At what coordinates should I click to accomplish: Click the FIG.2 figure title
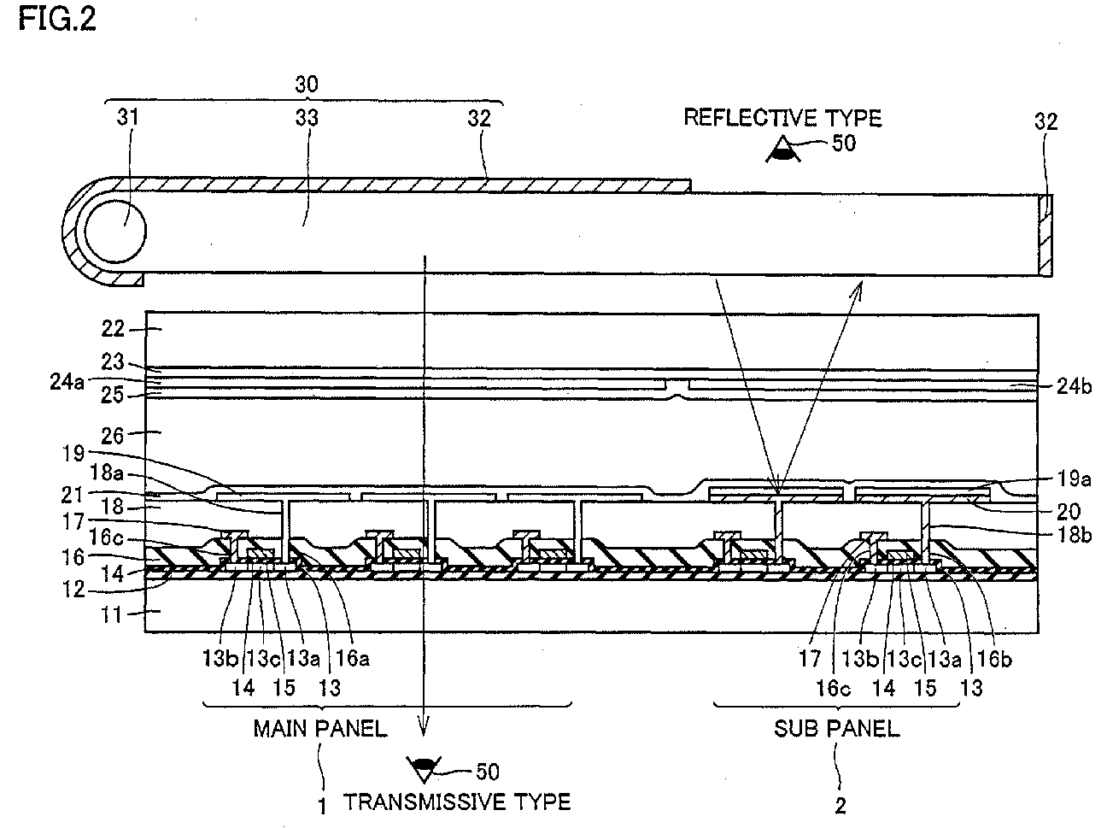56,20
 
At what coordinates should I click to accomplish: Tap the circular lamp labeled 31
115,231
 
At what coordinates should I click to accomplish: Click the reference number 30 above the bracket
307,84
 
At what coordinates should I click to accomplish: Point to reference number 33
307,118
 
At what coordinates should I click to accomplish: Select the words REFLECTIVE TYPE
782,118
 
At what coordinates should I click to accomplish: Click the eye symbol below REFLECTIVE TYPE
782,150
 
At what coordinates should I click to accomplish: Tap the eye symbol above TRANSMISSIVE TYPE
424,769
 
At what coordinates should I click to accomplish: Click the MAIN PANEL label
320,729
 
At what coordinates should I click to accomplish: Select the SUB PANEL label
837,729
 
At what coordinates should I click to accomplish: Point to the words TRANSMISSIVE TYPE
457,802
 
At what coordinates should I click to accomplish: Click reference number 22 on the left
113,329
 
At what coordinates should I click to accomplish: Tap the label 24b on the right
1075,386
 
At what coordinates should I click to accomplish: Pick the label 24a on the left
67,382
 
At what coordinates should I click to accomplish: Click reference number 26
113,436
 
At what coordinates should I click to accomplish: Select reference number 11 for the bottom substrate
111,615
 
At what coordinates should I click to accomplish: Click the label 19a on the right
1075,479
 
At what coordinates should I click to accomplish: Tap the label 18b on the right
1075,535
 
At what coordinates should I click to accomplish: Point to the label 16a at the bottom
353,658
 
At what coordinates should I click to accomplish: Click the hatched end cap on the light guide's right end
1045,235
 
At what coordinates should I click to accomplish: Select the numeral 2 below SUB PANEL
840,807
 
